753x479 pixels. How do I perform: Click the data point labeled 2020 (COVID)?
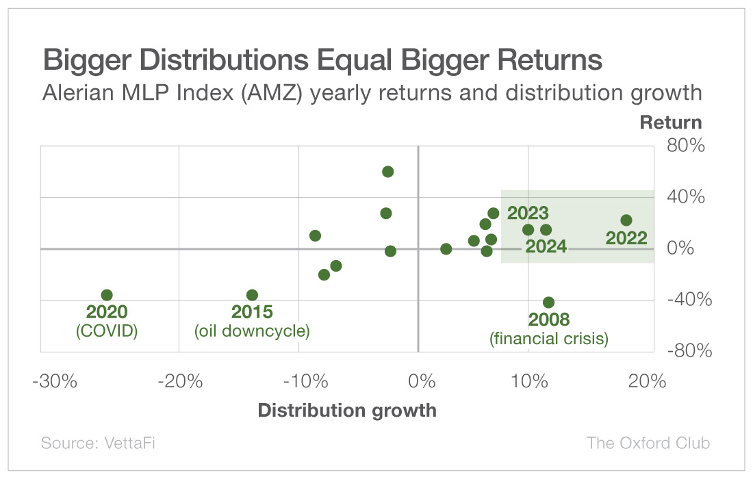pos(107,295)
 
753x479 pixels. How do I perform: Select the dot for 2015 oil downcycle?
pos(252,295)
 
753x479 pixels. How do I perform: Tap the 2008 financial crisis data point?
pos(548,302)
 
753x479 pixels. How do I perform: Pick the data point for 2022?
pos(626,220)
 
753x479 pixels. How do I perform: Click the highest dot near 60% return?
pos(388,172)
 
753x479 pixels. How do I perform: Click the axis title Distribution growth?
pos(346,411)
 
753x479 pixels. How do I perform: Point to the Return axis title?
pos(670,122)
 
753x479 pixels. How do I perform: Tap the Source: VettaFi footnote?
pos(98,443)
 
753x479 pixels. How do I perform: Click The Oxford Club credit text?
pos(648,443)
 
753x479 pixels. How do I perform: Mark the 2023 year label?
pos(528,213)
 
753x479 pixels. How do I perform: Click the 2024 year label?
pos(546,246)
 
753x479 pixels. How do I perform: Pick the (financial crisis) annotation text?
pos(549,338)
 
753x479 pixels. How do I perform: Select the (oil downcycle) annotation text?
pos(252,331)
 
